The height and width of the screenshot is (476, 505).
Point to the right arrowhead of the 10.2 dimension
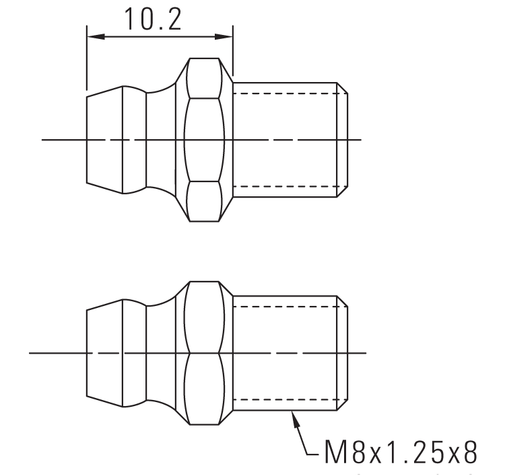[226, 38]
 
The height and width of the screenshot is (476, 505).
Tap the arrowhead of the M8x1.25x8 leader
[293, 417]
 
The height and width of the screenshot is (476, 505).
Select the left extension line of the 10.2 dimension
[87, 61]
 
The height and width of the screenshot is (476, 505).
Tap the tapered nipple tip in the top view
[104, 140]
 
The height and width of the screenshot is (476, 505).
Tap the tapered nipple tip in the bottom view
[104, 353]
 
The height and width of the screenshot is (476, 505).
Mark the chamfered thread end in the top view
[342, 140]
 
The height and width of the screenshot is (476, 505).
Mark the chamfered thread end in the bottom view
[342, 353]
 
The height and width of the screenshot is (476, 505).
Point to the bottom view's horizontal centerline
[54, 352]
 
